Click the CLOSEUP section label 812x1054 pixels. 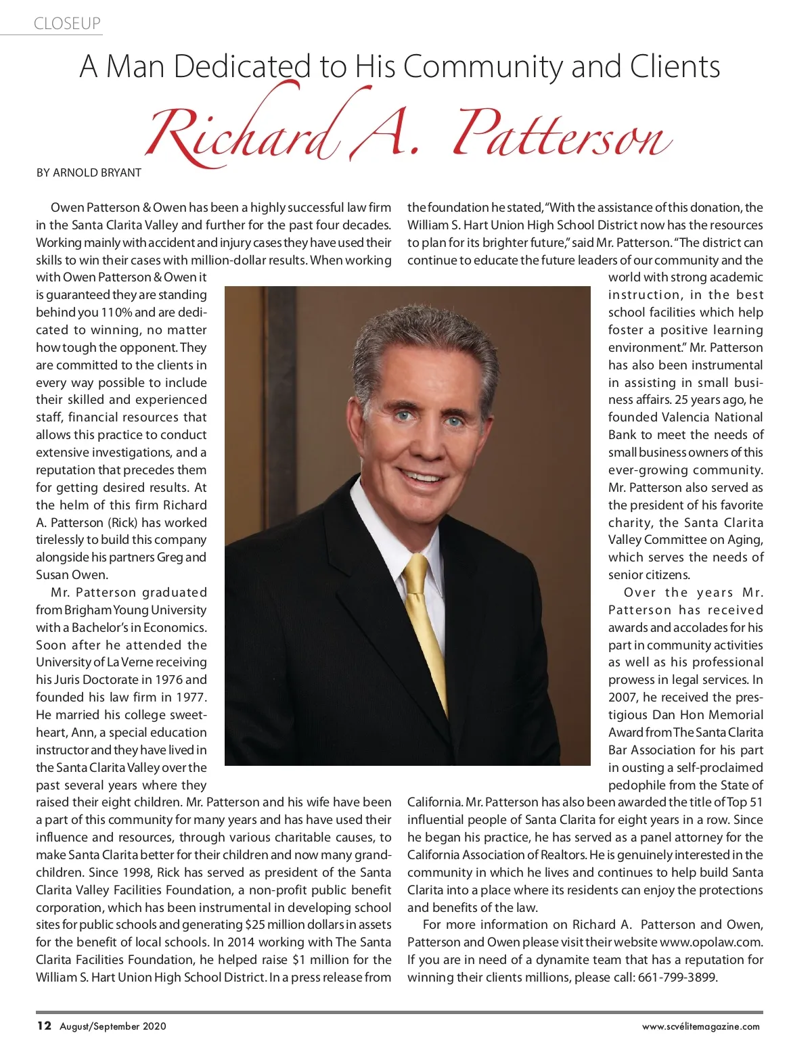point(67,24)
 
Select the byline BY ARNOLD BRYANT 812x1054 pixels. point(89,173)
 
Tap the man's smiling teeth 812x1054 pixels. point(422,478)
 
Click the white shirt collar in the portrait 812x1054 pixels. point(379,524)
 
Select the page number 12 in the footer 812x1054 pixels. point(44,1026)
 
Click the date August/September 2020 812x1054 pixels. point(113,1026)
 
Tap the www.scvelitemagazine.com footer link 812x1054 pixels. point(700,1026)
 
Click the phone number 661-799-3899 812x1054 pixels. point(677,978)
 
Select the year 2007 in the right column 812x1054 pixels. point(623,697)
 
